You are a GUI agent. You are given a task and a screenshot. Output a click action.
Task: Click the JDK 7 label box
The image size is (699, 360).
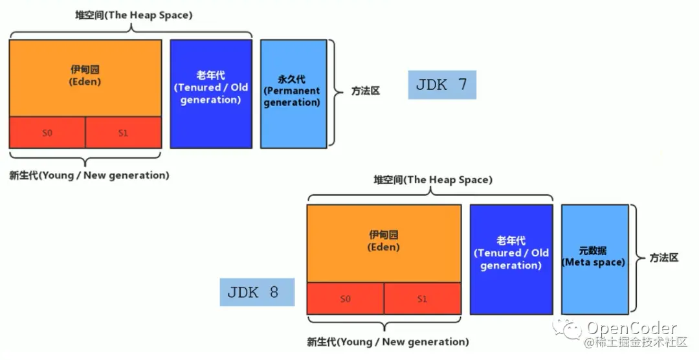click(x=442, y=85)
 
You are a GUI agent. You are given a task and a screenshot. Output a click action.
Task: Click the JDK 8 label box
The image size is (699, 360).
click(x=257, y=292)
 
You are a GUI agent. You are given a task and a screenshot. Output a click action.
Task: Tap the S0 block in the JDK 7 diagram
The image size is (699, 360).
click(x=47, y=133)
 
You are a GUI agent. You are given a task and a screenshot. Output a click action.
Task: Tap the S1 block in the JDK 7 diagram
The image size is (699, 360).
click(x=123, y=133)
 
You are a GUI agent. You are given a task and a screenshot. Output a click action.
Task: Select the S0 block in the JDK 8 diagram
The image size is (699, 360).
click(x=345, y=298)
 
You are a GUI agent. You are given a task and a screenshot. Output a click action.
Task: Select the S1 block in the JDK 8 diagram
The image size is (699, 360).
click(x=422, y=298)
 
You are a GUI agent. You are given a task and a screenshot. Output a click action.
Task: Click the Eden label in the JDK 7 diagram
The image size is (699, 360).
click(x=85, y=76)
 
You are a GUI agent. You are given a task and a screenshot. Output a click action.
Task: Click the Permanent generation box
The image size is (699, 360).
click(x=293, y=94)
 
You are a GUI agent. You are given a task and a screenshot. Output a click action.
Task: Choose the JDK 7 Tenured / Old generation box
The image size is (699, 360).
click(x=211, y=94)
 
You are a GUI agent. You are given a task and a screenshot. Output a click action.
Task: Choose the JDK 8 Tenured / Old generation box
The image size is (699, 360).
click(x=511, y=259)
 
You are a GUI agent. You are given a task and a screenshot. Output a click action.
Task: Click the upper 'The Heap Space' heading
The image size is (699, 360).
click(x=133, y=14)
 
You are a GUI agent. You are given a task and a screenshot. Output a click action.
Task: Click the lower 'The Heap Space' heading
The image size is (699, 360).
click(x=432, y=180)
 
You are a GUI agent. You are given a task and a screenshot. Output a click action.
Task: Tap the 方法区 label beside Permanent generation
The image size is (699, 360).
click(x=365, y=91)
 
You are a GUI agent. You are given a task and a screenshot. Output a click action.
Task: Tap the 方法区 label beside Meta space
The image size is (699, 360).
click(x=664, y=258)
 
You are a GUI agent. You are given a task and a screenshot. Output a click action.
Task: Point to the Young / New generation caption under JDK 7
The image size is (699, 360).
click(x=89, y=175)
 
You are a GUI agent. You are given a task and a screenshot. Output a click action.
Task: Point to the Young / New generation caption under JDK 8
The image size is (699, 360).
click(x=388, y=342)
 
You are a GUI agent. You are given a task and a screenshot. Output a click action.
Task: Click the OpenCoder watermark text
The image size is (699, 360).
click(x=632, y=329)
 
